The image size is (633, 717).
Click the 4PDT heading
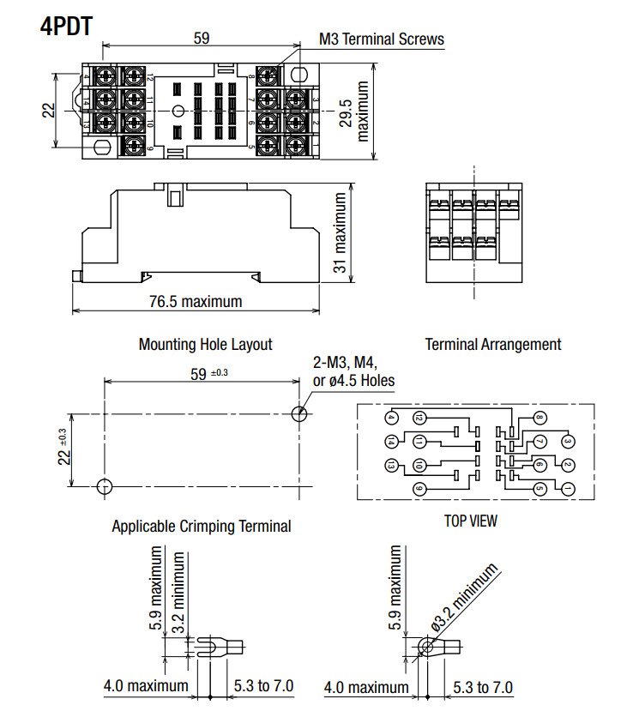click(x=66, y=25)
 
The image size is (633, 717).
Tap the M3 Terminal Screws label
click(x=382, y=39)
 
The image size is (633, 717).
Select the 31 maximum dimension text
click(x=341, y=232)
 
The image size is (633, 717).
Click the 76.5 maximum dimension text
click(x=196, y=302)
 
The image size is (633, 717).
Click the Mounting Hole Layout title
click(x=205, y=344)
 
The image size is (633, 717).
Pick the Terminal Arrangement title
click(x=493, y=344)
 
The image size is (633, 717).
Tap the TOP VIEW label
click(x=470, y=520)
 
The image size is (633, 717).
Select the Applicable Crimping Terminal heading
click(x=202, y=526)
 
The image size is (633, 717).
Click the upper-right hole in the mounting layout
click(x=299, y=413)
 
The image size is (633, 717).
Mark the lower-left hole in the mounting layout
click(x=104, y=486)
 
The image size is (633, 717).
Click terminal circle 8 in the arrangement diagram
click(x=540, y=419)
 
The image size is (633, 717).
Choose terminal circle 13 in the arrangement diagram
click(x=392, y=466)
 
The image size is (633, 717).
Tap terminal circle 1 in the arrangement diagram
click(x=567, y=489)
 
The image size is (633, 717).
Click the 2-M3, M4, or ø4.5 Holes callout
click(x=354, y=372)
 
